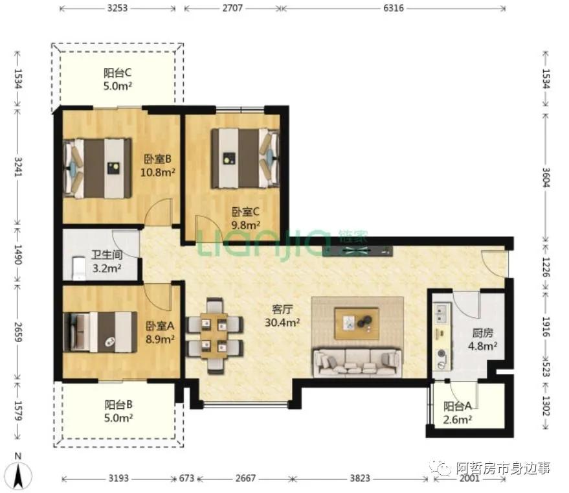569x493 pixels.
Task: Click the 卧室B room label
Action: click(157, 159)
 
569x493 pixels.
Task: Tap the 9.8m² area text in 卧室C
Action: click(246, 225)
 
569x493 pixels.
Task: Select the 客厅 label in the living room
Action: click(282, 309)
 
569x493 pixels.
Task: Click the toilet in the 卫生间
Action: click(79, 268)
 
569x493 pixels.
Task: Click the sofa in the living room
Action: click(357, 362)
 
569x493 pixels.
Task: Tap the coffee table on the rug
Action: click(357, 324)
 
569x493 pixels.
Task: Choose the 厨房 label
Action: click(483, 333)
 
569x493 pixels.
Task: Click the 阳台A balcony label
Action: click(457, 406)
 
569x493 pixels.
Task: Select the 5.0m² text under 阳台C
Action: click(118, 86)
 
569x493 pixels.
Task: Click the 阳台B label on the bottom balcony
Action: click(118, 404)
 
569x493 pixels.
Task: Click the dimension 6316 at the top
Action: click(394, 8)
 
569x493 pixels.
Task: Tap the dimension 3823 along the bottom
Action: click(360, 478)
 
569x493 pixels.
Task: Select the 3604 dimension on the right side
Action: click(546, 177)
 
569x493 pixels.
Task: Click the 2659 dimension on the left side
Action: click(17, 332)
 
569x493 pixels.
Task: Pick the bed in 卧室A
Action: click(100, 332)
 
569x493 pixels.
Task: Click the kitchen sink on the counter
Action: click(441, 314)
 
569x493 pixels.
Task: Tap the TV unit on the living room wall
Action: click(357, 251)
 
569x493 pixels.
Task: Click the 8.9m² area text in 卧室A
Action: click(160, 339)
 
